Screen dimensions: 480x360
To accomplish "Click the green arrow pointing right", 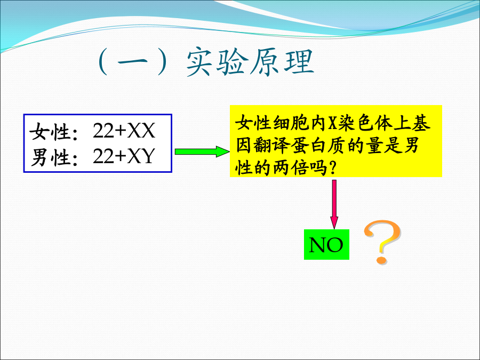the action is click(x=202, y=151).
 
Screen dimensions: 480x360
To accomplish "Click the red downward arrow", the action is click(x=334, y=204).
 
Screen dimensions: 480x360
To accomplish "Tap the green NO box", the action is click(x=326, y=244).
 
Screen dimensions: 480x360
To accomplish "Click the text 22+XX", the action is click(x=124, y=131).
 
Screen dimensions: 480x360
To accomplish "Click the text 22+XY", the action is click(x=124, y=156).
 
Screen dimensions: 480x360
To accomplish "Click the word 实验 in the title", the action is click(x=218, y=62).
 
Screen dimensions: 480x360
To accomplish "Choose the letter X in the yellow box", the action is click(x=332, y=123).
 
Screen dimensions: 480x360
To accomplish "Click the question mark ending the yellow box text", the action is click(x=333, y=168).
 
